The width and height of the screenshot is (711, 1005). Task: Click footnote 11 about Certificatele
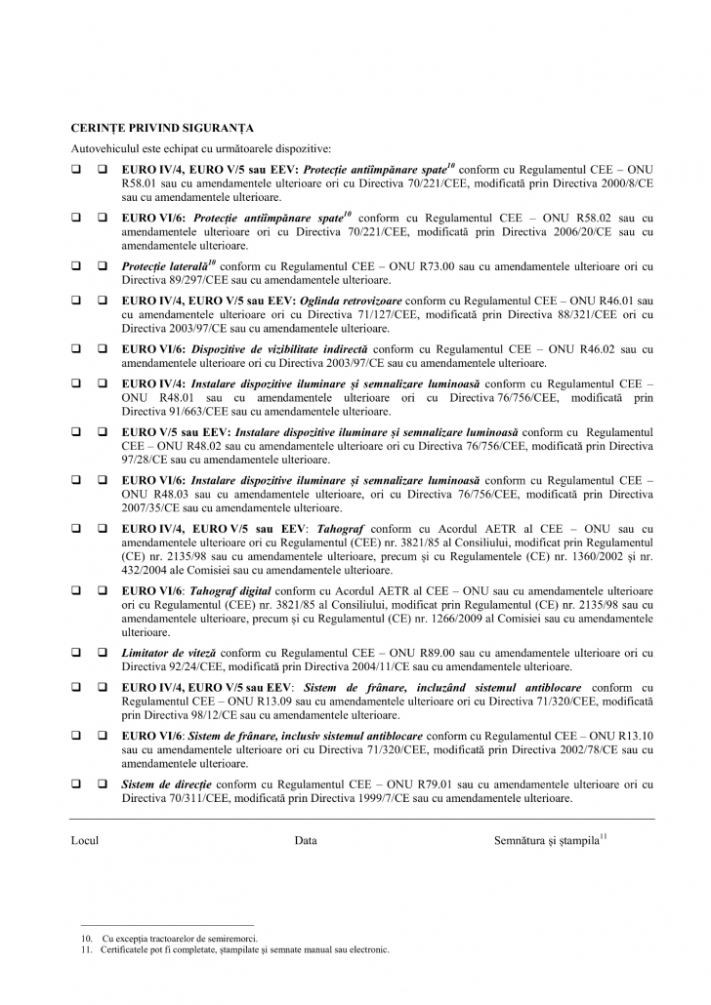[230, 948]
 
